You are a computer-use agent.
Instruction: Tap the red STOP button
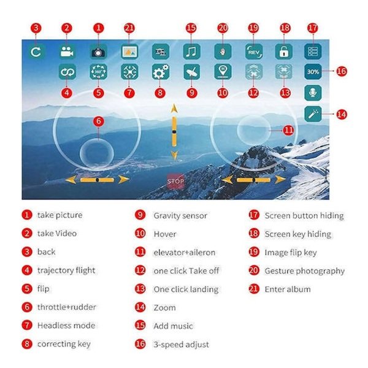point(175,181)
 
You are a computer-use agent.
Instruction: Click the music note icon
point(191,52)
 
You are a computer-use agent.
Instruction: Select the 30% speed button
point(313,72)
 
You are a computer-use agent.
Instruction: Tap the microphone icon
point(313,93)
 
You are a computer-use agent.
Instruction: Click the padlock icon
point(284,52)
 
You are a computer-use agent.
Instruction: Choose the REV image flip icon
point(254,52)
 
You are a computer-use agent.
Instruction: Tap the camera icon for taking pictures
point(98,52)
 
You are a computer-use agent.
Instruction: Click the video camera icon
point(67,52)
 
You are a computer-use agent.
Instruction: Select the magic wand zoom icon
point(313,114)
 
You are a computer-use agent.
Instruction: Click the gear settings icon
point(161,72)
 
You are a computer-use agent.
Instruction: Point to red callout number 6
point(99,121)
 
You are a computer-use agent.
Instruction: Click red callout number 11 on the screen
point(288,130)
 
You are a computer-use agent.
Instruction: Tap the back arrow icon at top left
point(36,52)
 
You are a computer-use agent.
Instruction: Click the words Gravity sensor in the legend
point(180,216)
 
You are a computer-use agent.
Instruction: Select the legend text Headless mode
point(66,326)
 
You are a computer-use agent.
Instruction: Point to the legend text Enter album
point(288,289)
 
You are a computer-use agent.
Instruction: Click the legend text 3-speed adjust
point(181,345)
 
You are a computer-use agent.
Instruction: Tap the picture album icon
point(129,52)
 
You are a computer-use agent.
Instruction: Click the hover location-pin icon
point(223,72)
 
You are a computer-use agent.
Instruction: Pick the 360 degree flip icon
point(98,72)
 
